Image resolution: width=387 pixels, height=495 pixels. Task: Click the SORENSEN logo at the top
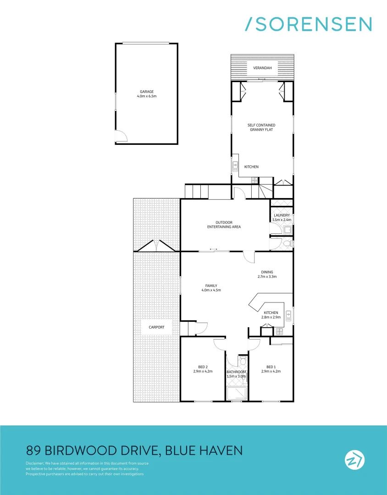308,24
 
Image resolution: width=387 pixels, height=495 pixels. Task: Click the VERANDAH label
262,68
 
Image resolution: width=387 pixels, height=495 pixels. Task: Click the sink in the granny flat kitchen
235,165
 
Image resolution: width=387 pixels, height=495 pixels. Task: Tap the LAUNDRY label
281,215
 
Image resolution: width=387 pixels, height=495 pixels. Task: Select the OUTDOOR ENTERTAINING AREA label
224,225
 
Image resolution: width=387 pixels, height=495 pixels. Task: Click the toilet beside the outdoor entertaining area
287,243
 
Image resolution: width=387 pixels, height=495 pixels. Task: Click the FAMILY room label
211,286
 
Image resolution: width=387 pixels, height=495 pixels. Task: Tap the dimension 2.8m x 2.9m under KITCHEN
271,317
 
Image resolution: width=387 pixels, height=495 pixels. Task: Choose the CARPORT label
156,327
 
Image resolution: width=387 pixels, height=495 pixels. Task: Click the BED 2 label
203,367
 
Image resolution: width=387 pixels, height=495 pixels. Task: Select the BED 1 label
271,367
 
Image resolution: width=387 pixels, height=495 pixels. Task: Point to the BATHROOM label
237,372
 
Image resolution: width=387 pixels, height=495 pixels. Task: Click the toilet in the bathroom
243,361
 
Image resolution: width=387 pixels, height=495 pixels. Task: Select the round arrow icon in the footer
354,460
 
